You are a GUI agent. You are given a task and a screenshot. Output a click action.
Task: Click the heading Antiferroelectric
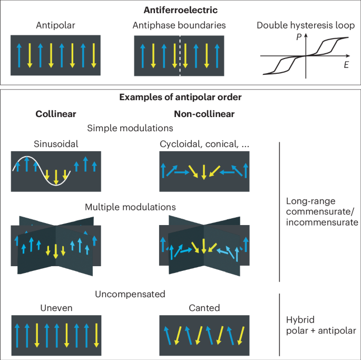point(181,10)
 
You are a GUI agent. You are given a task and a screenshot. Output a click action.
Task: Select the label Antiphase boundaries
point(180,25)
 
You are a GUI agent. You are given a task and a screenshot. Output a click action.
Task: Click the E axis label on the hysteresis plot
point(346,65)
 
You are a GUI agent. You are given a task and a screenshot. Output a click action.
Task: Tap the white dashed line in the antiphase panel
point(180,57)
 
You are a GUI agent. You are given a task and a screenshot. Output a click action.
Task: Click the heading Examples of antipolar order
point(181,98)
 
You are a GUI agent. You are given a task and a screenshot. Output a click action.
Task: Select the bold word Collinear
point(55,114)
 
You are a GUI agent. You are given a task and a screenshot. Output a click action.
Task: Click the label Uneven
point(55,308)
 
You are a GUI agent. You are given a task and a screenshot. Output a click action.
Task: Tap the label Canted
point(203,308)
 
